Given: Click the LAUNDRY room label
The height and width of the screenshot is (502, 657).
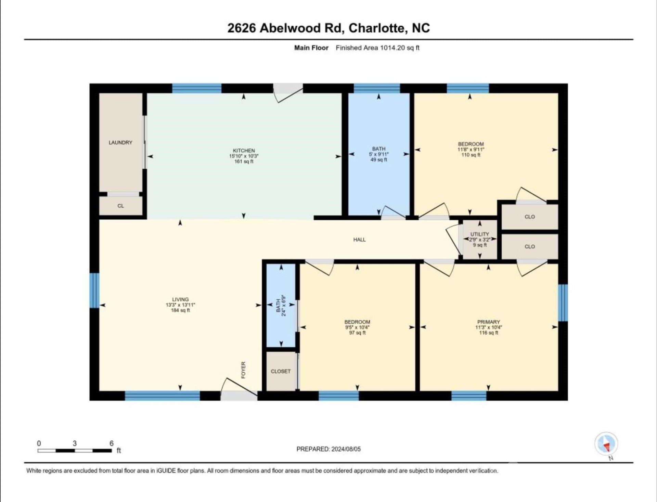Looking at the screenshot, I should pos(120,142).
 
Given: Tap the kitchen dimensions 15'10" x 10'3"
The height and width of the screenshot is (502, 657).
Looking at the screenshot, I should pos(244,156).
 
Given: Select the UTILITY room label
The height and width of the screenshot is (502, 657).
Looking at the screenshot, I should pos(479,234).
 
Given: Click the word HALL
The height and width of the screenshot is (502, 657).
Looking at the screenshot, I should pos(359,240).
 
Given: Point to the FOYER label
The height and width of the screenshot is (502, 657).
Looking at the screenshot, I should pos(243,370).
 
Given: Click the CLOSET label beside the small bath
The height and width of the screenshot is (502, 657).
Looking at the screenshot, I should pos(281,371).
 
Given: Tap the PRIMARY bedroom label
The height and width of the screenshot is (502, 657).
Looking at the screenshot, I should pos(488,322).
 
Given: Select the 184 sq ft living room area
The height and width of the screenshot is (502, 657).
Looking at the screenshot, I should pos(180,310).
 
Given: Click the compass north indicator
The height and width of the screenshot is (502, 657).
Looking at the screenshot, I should pos(606,444).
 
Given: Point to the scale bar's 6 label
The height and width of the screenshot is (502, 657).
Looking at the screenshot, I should pos(111,443).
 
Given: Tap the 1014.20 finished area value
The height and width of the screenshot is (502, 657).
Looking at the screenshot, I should pos(392,48).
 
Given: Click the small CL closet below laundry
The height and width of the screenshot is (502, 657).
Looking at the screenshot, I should pos(120,206).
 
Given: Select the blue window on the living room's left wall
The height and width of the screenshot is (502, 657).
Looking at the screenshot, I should pos(94,290).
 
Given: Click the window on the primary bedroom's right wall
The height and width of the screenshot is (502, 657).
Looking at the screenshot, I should pos(563,303).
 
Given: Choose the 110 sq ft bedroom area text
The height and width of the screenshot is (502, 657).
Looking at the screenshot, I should pos(471,155).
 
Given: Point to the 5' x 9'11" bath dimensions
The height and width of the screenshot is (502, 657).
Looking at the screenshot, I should pos(378,154).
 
